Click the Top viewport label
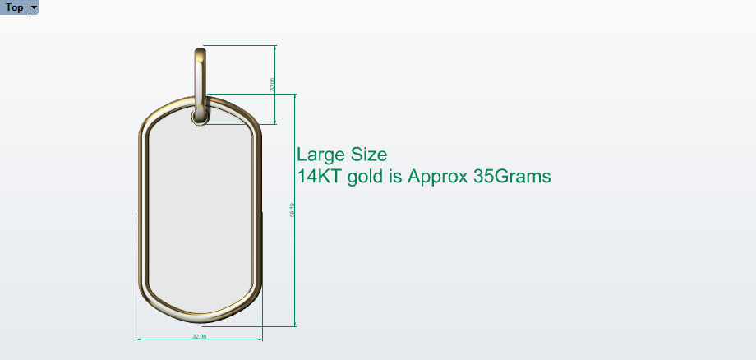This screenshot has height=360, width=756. tap(14, 7)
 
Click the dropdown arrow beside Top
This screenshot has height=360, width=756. tap(34, 7)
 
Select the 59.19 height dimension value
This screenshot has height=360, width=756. tap(292, 211)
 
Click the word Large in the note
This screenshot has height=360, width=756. tap(321, 155)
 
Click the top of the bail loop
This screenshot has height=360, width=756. tap(201, 53)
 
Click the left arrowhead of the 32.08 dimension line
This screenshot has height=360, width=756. tap(138, 337)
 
